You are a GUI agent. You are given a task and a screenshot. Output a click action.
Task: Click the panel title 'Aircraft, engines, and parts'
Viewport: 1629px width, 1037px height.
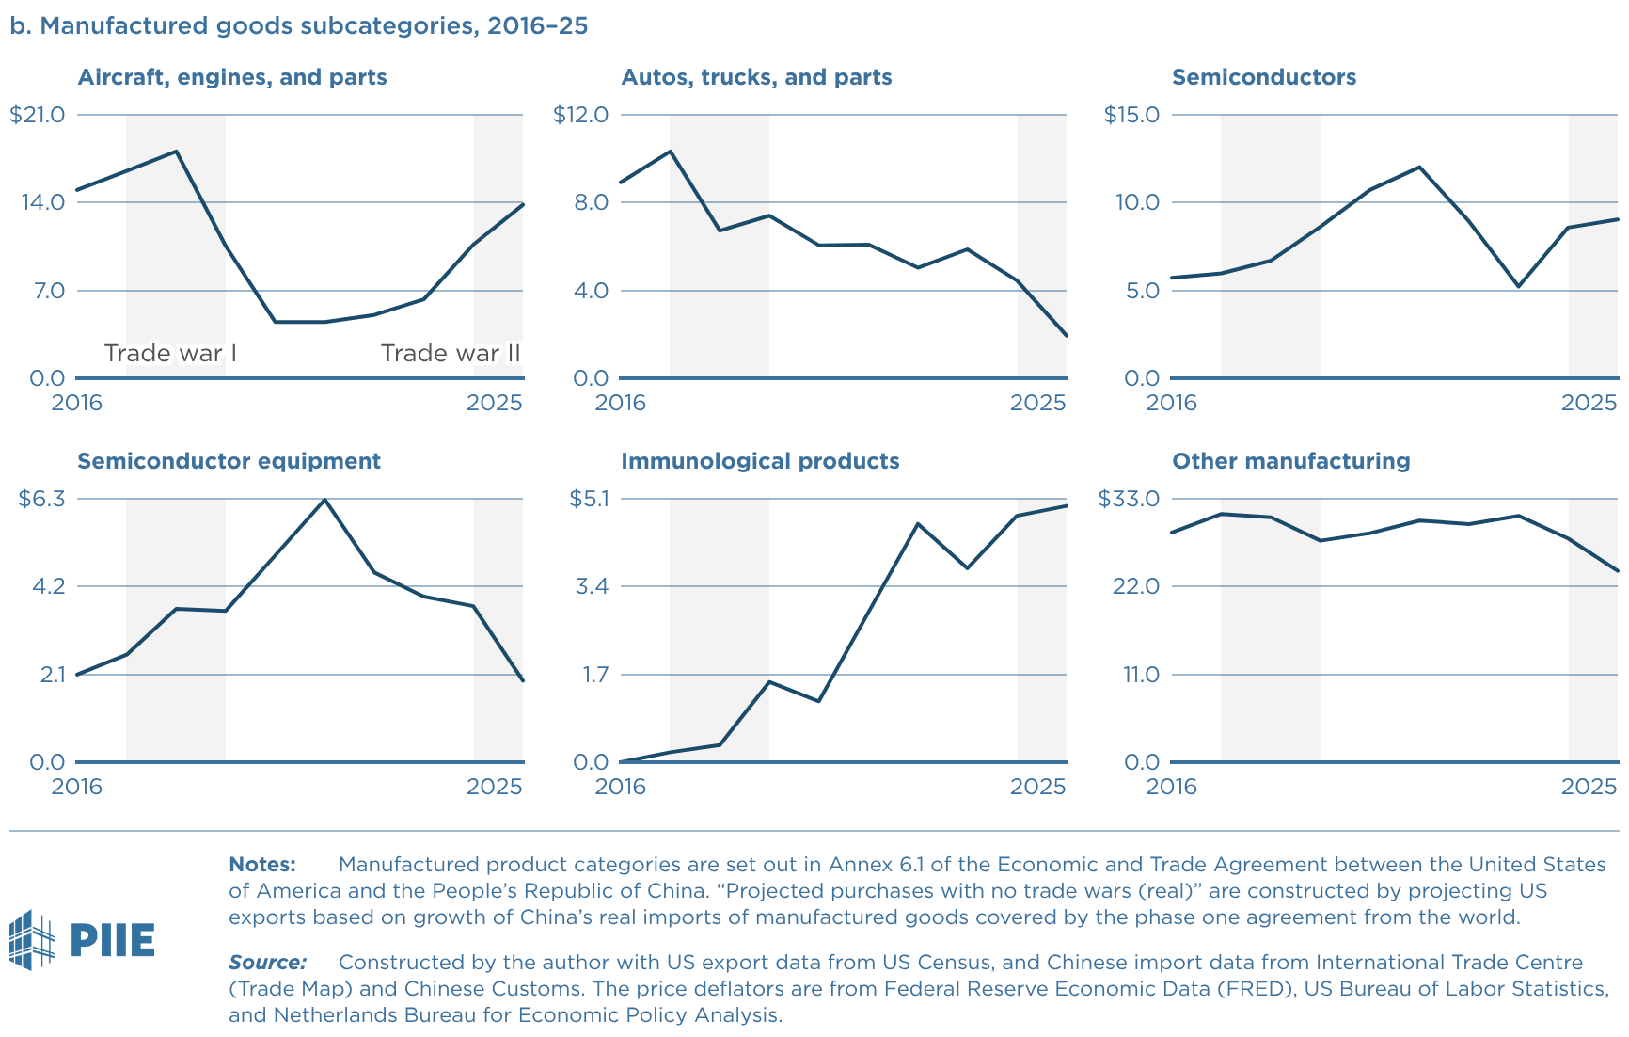tap(231, 77)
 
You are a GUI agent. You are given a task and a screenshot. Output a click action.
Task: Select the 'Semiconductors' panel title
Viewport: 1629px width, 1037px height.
tap(1263, 77)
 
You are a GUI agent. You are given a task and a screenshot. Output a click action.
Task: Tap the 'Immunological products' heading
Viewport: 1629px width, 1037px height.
tap(759, 461)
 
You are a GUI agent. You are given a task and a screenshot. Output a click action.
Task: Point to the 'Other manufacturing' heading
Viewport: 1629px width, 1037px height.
tap(1290, 461)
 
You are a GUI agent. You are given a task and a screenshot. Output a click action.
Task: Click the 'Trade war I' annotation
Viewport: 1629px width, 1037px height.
tap(170, 353)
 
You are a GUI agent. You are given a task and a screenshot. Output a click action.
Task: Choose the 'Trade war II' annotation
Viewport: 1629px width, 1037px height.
tap(451, 353)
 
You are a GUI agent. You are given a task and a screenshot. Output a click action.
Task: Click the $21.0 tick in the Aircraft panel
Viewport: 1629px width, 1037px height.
tap(38, 115)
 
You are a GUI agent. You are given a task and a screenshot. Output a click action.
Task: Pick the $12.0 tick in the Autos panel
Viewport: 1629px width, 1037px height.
tap(580, 115)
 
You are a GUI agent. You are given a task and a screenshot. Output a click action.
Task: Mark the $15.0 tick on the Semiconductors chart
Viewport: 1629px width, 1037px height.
tap(1131, 115)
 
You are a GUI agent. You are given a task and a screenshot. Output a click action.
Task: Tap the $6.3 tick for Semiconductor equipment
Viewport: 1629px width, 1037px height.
tap(41, 499)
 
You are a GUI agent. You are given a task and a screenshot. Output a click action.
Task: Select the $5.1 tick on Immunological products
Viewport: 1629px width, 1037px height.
tap(589, 499)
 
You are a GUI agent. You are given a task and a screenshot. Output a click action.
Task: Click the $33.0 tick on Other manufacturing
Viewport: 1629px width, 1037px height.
tap(1129, 499)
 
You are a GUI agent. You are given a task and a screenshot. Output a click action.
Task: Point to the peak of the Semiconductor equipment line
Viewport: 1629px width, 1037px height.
tap(324, 500)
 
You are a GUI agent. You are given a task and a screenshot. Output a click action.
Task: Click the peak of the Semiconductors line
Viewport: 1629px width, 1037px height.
tap(1419, 168)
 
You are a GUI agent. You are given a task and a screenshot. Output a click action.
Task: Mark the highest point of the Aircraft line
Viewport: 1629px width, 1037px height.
tap(176, 152)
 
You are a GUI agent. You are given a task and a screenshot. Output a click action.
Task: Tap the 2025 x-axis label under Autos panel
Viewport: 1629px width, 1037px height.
tap(1037, 404)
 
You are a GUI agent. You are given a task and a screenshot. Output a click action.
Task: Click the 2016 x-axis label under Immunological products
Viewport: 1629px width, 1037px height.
tap(621, 787)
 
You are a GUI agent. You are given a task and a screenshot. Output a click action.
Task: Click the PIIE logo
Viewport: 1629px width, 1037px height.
tap(82, 939)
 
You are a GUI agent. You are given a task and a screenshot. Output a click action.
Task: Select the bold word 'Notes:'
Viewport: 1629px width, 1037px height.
tap(262, 864)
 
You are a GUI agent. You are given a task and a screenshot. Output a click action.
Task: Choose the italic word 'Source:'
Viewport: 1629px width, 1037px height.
tap(267, 962)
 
